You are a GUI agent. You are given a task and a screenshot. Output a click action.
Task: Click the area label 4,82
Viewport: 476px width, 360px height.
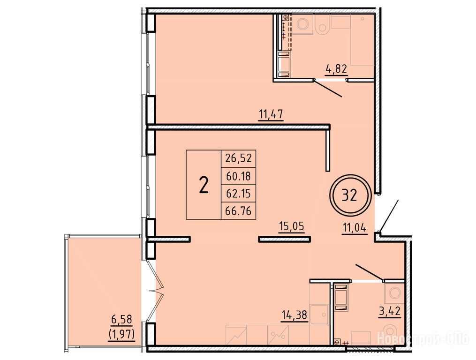[x=336, y=69]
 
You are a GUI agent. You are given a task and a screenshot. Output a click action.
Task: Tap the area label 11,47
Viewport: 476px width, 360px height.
[x=271, y=114]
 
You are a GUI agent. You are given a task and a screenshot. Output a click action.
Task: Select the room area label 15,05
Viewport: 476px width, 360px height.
[x=292, y=226]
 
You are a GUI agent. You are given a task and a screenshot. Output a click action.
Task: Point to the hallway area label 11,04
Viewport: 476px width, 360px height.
[x=355, y=227]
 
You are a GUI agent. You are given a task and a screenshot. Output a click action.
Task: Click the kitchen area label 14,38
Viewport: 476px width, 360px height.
[x=295, y=315]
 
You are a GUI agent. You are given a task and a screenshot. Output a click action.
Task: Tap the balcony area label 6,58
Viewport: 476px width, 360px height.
[x=121, y=319]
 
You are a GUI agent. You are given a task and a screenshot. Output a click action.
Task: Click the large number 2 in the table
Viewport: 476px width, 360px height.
[x=204, y=185]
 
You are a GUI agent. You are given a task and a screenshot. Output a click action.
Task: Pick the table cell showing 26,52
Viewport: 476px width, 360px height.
[x=239, y=158]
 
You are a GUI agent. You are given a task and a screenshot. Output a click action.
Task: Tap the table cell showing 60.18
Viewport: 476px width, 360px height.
[x=239, y=176]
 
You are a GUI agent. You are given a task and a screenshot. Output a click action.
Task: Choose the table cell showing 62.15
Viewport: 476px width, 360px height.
[x=239, y=193]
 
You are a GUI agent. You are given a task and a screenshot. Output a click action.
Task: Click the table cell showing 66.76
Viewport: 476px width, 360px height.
[x=239, y=210]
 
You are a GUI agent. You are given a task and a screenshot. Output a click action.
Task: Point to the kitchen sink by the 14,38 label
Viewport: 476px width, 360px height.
[x=320, y=315]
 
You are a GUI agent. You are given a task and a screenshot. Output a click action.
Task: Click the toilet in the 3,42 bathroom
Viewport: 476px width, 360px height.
[x=390, y=333]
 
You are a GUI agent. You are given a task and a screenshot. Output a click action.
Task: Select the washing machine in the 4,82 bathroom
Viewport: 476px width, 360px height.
[x=302, y=24]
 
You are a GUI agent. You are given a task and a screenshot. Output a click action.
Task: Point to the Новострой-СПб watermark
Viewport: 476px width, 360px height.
[x=423, y=338]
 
